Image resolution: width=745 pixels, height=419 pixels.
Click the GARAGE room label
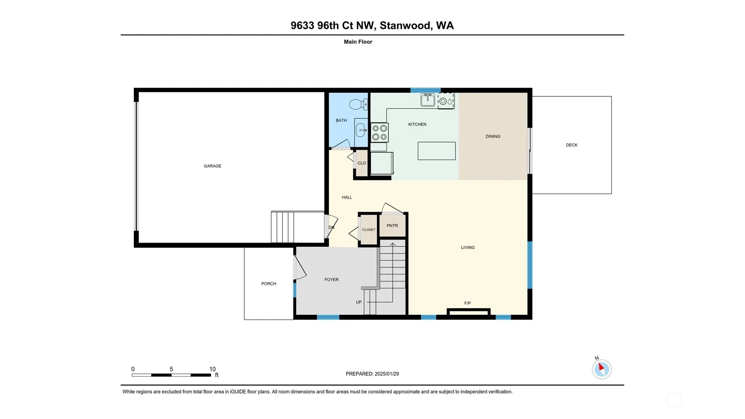click(213, 166)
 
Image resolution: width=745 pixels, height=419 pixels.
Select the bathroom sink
click(361, 130)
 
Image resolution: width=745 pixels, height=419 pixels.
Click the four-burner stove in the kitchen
click(380, 132)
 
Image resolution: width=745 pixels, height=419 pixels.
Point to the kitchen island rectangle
click(436, 151)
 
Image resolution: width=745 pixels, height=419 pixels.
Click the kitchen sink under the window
click(428, 99)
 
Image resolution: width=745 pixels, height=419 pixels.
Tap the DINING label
click(493, 136)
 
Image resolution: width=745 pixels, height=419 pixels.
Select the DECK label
click(572, 145)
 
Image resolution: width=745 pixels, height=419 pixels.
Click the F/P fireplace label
click(467, 303)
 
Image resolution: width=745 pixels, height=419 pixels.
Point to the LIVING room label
click(468, 247)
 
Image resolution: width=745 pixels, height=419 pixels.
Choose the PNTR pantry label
click(392, 226)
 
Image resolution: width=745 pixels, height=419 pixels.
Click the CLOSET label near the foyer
click(369, 230)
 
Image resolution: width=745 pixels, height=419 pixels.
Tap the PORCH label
click(269, 284)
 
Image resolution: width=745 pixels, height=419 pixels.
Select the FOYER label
click(332, 279)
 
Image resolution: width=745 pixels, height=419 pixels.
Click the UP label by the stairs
click(359, 302)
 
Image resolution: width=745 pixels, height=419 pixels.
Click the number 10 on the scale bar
click(213, 369)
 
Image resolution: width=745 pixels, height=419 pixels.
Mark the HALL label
click(347, 197)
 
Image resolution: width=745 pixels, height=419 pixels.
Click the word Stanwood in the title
click(405, 25)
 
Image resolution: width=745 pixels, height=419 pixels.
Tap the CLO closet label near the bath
click(362, 163)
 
